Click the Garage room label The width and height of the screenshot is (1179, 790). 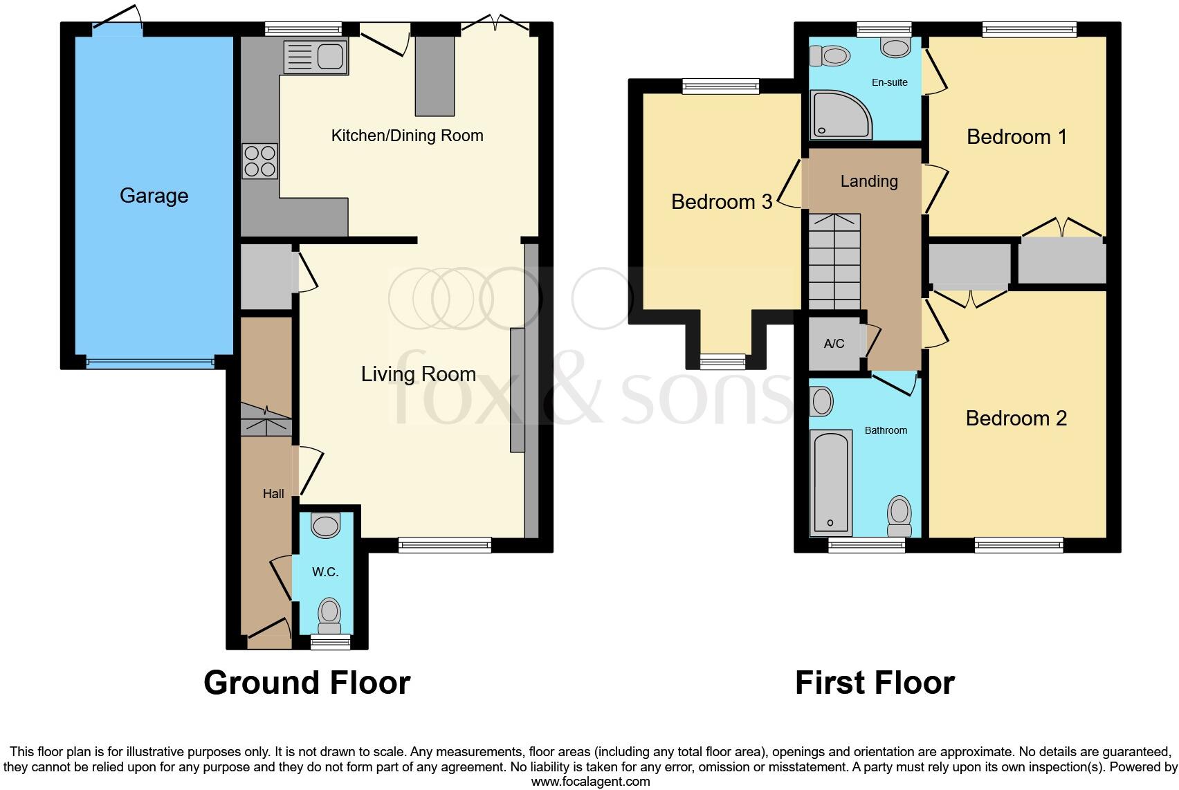(154, 196)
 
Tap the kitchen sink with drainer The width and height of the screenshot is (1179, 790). (315, 56)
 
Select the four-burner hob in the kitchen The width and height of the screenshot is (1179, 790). (259, 160)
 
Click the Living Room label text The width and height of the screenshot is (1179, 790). (418, 374)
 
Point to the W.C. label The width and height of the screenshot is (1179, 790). (325, 572)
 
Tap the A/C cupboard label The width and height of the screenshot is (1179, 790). (834, 344)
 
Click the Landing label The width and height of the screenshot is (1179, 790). (868, 181)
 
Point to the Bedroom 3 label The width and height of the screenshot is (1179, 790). (721, 202)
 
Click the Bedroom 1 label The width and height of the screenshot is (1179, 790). (1016, 137)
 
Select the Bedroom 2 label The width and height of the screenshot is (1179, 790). (1016, 419)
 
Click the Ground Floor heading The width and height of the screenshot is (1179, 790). (307, 683)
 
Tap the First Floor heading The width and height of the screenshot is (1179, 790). (874, 683)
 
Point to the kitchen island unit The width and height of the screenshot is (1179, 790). (435, 75)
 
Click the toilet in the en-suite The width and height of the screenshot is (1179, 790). (830, 55)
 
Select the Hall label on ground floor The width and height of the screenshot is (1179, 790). (273, 494)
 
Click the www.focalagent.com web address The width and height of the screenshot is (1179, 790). (589, 782)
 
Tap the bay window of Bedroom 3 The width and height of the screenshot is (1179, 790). (722, 360)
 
